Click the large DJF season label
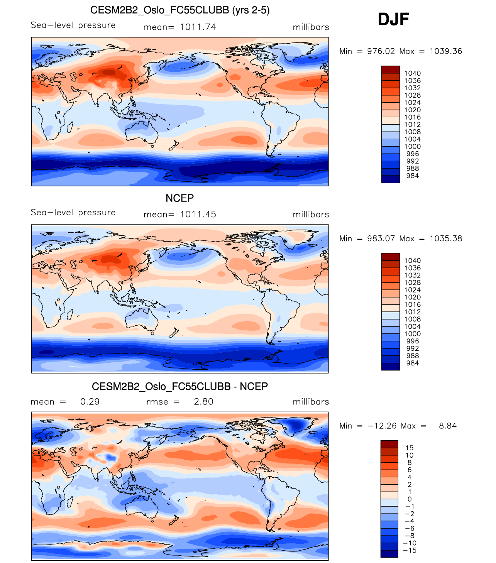tap(393, 19)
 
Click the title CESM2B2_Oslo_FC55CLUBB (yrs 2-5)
tap(180, 10)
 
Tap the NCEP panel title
tap(180, 198)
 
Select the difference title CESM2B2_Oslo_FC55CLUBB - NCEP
tap(180, 386)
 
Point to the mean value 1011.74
tap(198, 27)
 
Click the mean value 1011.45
tap(198, 215)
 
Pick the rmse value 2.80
tap(203, 402)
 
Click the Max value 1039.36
tap(446, 51)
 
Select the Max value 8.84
tap(448, 426)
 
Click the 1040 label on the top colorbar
tap(412, 73)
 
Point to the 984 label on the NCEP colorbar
tap(412, 363)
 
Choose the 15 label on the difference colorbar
tap(410, 448)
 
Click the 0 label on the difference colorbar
tap(410, 499)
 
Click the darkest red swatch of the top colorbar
tap(391, 69)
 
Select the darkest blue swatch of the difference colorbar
tap(389, 554)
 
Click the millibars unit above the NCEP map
tap(311, 215)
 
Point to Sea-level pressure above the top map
tap(73, 25)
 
